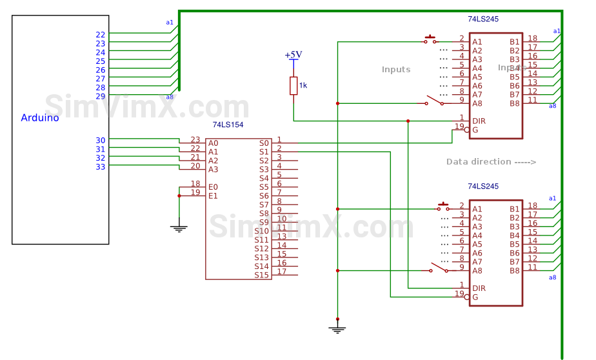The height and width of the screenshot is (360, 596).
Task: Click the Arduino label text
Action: pos(40,117)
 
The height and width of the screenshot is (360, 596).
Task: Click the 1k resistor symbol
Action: pos(293,85)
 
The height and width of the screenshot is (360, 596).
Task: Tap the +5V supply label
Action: pos(293,55)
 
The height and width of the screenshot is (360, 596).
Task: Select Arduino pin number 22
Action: pos(100,35)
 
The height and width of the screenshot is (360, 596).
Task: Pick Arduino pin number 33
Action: pos(100,166)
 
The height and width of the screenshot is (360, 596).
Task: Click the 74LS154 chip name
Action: pos(228,125)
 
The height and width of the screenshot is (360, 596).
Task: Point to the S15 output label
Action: pos(261,275)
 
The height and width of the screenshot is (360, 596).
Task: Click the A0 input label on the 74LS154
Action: pos(213,143)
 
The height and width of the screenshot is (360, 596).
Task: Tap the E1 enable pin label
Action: pos(213,195)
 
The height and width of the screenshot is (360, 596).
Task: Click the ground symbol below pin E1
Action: pos(179,228)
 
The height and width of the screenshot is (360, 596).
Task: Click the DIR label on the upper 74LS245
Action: pos(479,121)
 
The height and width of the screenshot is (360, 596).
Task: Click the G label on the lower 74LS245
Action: pos(475,297)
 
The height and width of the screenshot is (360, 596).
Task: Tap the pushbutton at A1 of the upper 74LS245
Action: pos(430,40)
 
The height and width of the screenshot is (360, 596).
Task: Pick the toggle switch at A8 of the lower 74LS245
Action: pos(439,268)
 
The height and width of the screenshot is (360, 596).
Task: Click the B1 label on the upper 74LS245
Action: pos(514,42)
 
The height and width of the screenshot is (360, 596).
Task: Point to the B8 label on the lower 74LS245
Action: pos(514,270)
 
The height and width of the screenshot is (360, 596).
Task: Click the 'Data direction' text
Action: pos(491,162)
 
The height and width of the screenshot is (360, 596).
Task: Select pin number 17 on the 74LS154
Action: pos(282,271)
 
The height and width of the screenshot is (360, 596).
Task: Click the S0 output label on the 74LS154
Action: pos(263,143)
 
